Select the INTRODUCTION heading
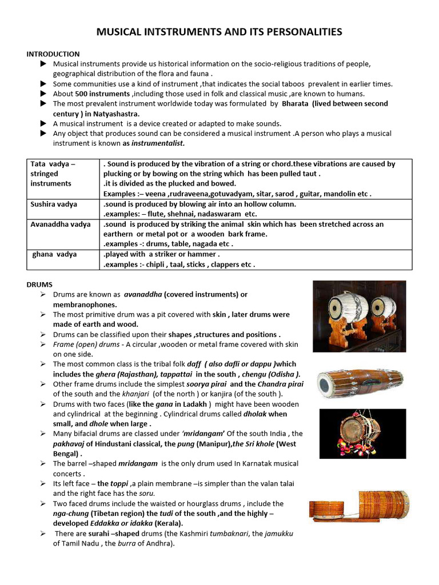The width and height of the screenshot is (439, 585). coord(53,54)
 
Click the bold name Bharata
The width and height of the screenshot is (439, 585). coord(296,103)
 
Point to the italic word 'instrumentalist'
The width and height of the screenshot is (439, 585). coord(162,143)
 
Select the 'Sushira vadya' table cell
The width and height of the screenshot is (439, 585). coord(54,204)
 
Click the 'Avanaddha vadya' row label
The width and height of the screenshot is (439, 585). coord(60,225)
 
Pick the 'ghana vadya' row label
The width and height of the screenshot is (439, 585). coord(55,254)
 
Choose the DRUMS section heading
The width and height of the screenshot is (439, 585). coord(39,284)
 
